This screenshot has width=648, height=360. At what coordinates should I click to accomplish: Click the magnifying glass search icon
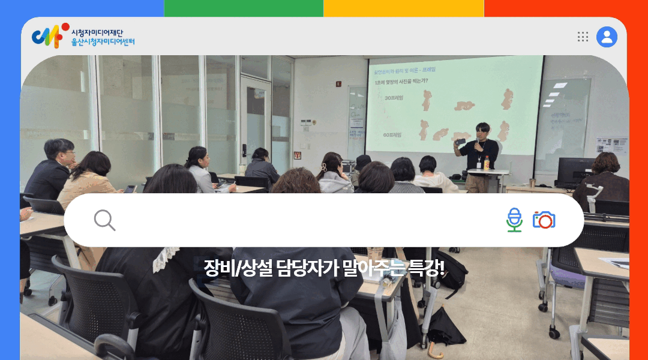(104, 220)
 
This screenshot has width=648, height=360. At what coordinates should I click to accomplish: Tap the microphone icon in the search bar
(514, 220)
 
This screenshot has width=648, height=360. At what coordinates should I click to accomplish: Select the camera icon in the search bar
(544, 220)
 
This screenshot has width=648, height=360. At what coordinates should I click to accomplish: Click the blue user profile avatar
(607, 37)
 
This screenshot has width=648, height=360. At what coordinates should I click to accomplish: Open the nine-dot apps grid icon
(583, 37)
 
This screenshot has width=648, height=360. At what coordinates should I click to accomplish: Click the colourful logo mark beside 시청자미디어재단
(47, 36)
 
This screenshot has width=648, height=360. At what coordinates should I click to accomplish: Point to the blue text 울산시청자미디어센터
(103, 42)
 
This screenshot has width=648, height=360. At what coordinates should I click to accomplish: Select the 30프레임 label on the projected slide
(394, 98)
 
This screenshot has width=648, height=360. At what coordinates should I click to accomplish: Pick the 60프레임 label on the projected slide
(393, 135)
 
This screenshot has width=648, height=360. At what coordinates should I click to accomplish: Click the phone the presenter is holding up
(460, 142)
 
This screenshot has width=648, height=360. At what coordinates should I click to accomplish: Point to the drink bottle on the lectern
(487, 162)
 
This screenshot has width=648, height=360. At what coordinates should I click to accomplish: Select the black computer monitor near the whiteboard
(574, 170)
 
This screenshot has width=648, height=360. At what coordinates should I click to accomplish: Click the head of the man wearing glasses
(59, 151)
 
